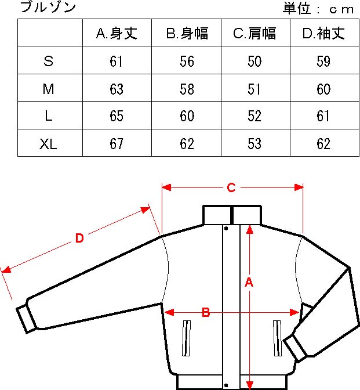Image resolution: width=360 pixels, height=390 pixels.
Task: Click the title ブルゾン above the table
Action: point(48,7)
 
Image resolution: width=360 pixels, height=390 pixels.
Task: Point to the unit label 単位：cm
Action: point(318,9)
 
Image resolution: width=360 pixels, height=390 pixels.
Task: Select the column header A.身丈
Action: point(117,33)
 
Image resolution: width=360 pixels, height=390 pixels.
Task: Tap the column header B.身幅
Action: point(187,33)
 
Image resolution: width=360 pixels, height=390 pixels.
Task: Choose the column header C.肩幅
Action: point(254,33)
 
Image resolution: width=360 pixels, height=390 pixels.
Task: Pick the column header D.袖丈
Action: point(323,33)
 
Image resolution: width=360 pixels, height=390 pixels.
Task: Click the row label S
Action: point(49,61)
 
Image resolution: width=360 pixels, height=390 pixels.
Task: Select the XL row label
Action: point(48,144)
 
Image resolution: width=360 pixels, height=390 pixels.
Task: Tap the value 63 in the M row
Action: point(117,89)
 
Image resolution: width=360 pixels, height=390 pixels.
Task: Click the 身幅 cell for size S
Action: point(187,61)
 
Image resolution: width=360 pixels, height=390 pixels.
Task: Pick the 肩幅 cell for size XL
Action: point(254,144)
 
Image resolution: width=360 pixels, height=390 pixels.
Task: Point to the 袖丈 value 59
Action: point(323,61)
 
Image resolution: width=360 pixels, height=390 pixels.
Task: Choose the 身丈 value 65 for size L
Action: point(117,116)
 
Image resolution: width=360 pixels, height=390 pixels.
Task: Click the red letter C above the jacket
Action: point(231,188)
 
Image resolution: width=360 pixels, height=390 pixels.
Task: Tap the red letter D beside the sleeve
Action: point(79,238)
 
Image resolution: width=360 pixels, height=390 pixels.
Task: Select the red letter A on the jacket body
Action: point(249,282)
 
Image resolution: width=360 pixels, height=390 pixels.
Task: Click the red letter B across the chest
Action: point(206,312)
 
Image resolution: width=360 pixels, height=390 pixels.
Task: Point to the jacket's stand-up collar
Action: point(232,215)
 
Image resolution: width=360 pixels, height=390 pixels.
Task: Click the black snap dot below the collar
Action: point(226,228)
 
